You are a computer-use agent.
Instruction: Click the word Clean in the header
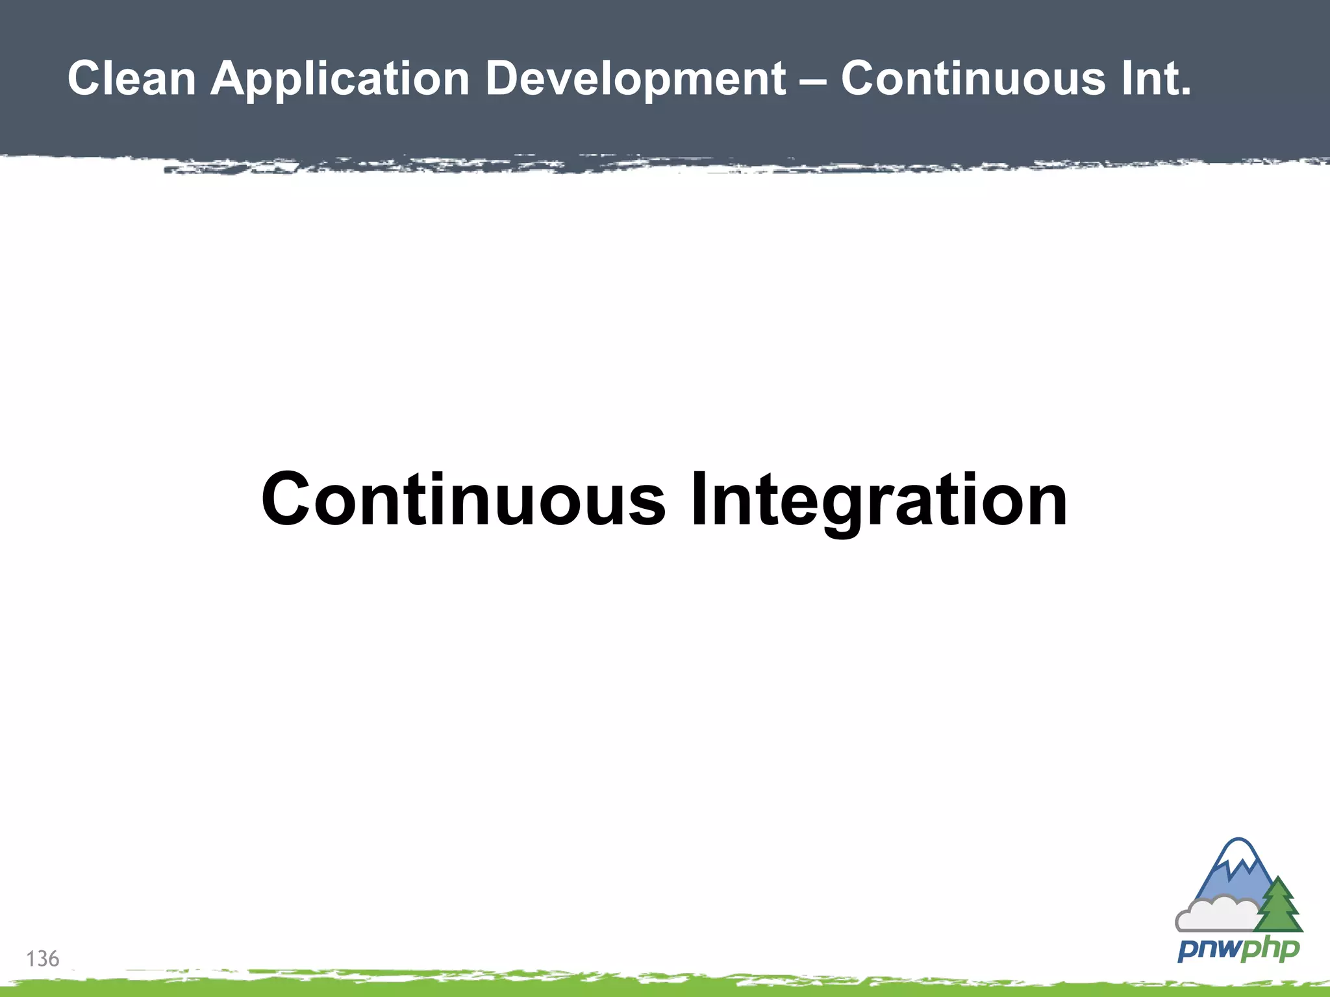(132, 79)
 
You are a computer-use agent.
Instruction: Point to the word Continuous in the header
(973, 79)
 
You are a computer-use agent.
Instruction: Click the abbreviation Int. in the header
(1156, 79)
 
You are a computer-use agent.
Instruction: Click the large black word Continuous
(463, 499)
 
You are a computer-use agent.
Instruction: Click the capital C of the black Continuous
(288, 499)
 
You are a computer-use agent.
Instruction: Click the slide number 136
(43, 959)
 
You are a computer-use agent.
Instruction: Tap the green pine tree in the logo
(1278, 906)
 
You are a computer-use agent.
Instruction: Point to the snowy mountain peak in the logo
(1238, 857)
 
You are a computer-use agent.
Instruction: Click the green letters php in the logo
(1269, 950)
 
